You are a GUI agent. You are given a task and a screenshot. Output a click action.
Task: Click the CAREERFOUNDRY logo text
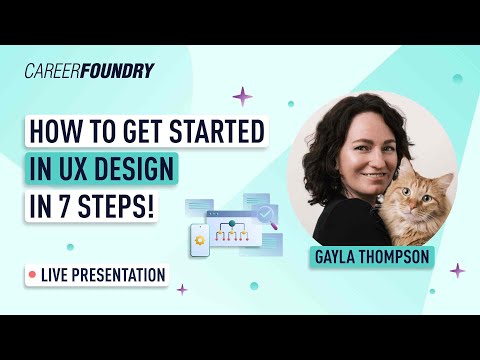[89, 71]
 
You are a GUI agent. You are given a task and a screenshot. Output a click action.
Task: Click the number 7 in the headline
[81, 205]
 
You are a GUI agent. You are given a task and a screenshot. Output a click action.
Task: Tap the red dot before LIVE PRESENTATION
[33, 273]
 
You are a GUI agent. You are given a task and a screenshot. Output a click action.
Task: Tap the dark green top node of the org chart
[231, 224]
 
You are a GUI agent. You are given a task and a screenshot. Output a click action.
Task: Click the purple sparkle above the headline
[242, 96]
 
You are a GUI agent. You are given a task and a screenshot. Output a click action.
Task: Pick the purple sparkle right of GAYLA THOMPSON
[457, 270]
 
